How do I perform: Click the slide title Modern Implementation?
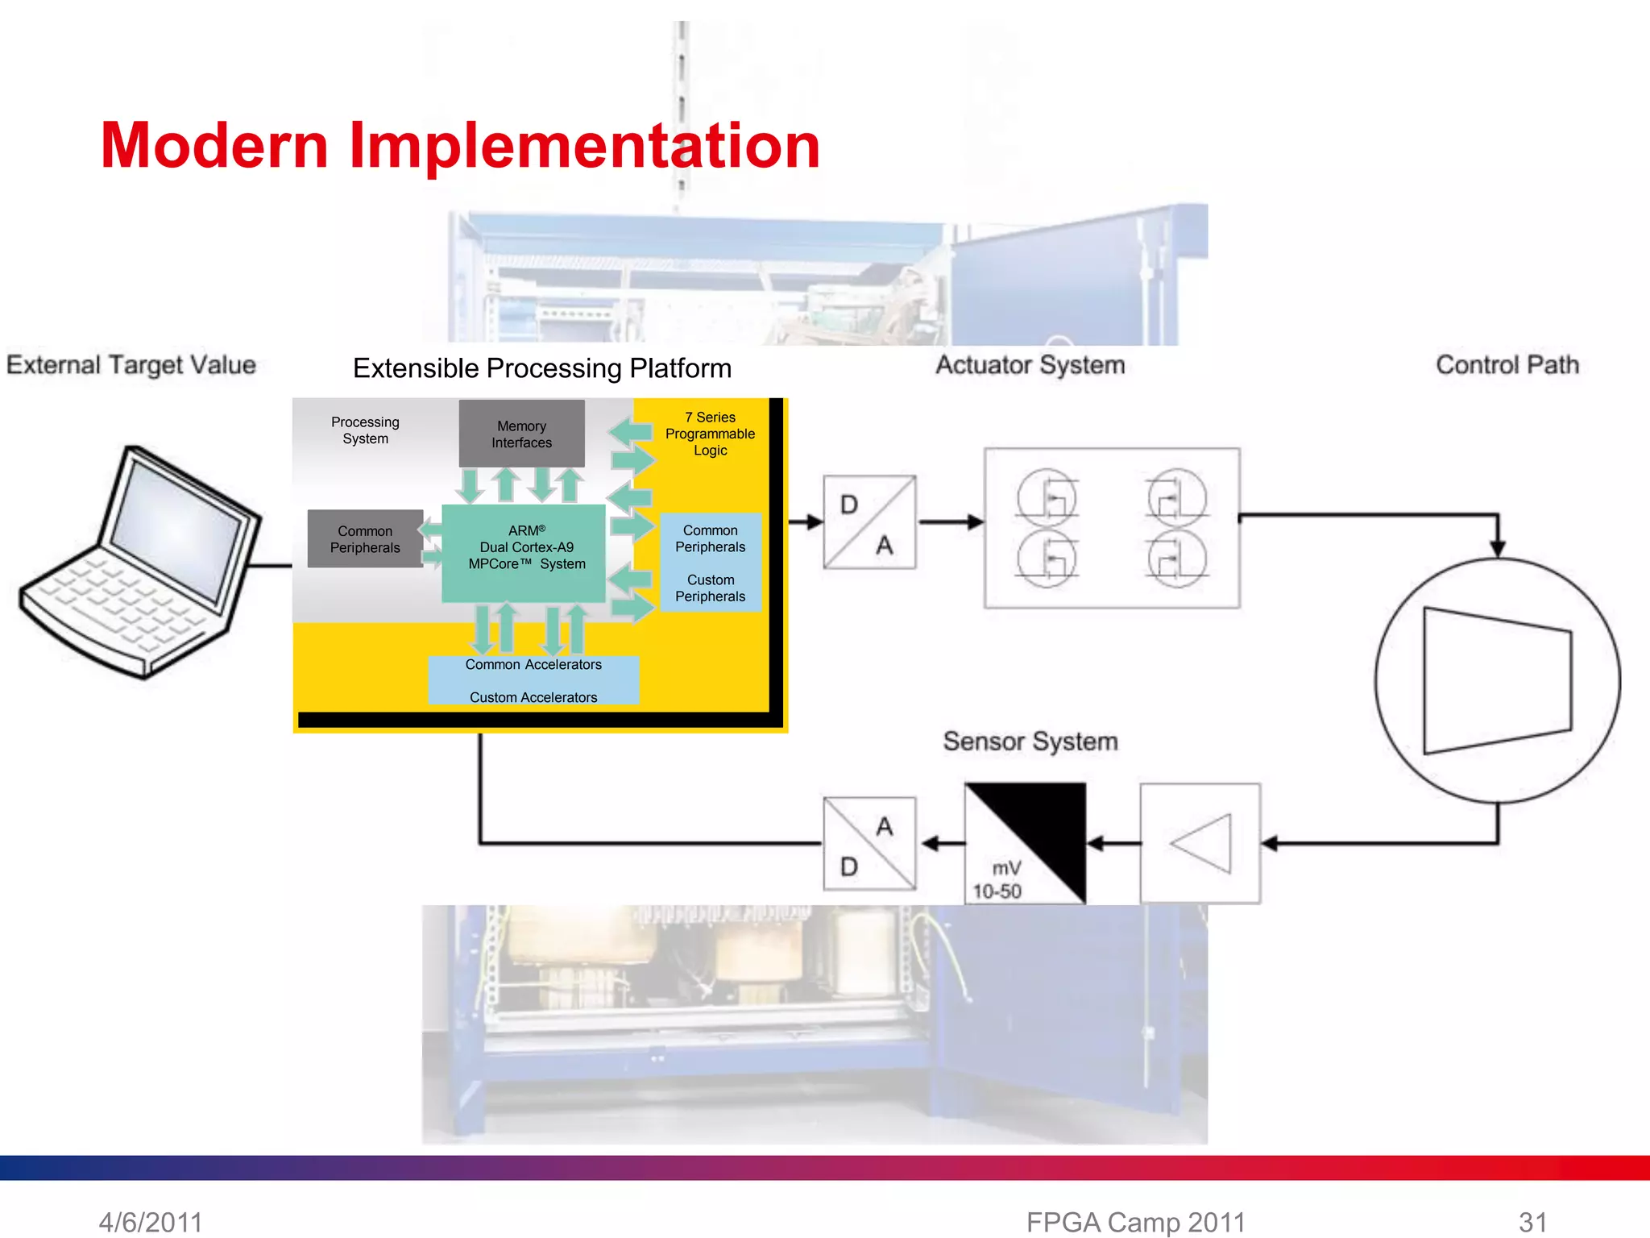[460, 146]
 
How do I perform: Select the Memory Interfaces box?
[521, 434]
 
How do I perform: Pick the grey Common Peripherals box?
[365, 539]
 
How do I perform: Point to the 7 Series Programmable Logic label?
[710, 434]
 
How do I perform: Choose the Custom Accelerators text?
[533, 697]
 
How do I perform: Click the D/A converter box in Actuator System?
[869, 522]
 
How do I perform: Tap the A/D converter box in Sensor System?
[869, 844]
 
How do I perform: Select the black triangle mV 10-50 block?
[1025, 843]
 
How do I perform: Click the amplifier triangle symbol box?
[1200, 843]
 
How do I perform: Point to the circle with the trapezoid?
[1497, 681]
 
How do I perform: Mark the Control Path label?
[1507, 365]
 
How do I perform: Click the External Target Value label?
[131, 365]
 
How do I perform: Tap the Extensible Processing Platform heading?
[542, 368]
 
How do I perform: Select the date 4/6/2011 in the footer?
[151, 1222]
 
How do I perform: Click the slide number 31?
[1532, 1222]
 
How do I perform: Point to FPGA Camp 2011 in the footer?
[1135, 1222]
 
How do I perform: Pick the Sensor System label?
[1030, 742]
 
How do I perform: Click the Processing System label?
[365, 430]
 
